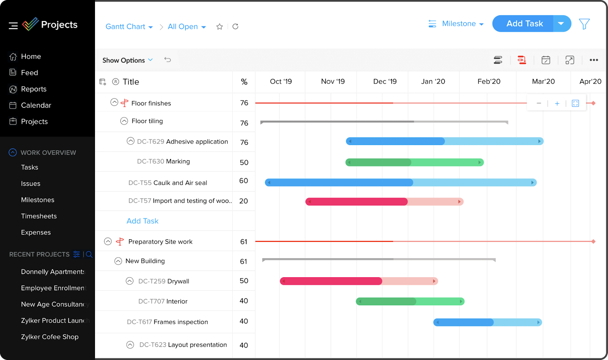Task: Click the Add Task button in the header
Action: tap(524, 24)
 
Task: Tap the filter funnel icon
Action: tap(584, 24)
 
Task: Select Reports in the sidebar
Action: tap(33, 89)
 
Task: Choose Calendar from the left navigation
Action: tap(36, 106)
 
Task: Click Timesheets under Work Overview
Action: tap(39, 216)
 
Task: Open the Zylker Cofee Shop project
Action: tap(50, 337)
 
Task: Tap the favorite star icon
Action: tap(219, 27)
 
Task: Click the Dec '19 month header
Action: tap(385, 82)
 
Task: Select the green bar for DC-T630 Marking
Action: tap(414, 163)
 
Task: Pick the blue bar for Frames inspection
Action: tap(488, 322)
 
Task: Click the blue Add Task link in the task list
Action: tap(142, 221)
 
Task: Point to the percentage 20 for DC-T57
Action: tap(244, 201)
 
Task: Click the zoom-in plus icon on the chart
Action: tap(557, 103)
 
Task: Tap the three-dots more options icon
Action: tap(594, 60)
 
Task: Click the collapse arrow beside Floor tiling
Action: tap(124, 121)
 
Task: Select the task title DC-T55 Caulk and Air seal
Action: tap(168, 183)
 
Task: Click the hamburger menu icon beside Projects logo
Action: tap(13, 25)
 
